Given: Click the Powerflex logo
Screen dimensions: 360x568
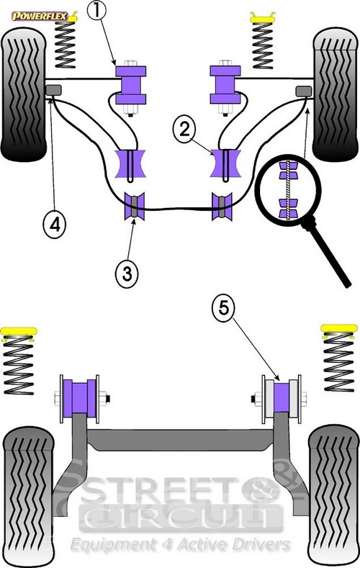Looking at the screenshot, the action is [40, 16].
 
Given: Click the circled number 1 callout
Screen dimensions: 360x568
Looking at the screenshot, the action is [96, 10].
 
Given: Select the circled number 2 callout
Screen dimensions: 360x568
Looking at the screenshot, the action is [184, 129].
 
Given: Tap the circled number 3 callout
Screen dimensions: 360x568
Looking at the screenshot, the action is [127, 273].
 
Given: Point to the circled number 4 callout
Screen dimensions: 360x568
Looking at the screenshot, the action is [55, 225].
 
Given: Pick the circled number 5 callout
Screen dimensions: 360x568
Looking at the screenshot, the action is [223, 307].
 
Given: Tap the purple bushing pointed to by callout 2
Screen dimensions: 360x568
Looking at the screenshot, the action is [226, 163].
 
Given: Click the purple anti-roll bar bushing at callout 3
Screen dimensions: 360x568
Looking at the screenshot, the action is [135, 206].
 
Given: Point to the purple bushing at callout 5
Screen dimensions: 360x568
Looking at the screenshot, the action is [281, 397].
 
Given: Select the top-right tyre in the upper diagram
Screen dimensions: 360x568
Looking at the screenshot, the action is [336, 94].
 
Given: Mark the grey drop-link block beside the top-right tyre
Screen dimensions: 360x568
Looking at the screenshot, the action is [304, 91].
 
